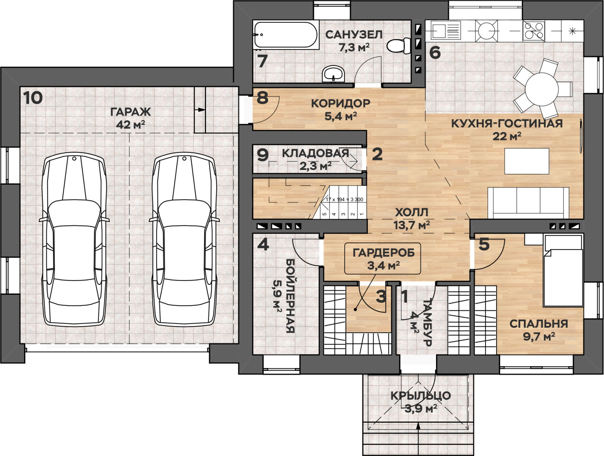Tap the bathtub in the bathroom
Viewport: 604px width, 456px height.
(x=286, y=35)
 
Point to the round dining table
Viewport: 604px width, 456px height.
(x=542, y=89)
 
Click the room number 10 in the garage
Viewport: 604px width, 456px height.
(x=33, y=98)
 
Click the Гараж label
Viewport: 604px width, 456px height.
(x=131, y=112)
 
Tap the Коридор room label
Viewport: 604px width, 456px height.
(x=341, y=103)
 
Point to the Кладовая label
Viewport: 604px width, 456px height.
(x=315, y=153)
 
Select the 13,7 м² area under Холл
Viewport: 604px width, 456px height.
(x=411, y=225)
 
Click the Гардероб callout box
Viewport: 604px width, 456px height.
(x=383, y=258)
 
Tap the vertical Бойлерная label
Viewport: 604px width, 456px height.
(x=290, y=296)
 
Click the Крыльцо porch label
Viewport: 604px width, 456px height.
(x=421, y=396)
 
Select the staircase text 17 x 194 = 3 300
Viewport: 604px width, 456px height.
(x=344, y=199)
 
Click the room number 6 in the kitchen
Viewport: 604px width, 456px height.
(x=435, y=52)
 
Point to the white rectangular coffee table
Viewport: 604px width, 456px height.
(x=527, y=161)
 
